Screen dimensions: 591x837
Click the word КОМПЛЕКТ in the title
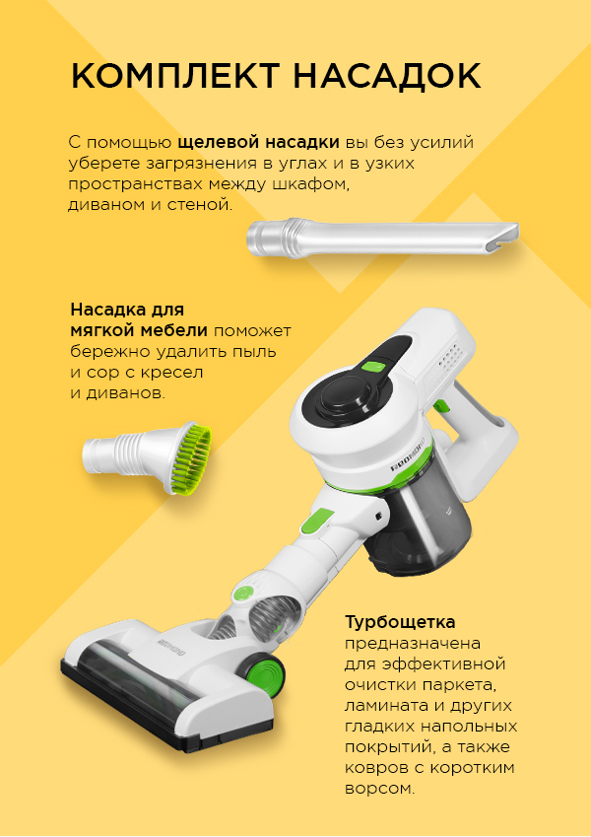click(175, 76)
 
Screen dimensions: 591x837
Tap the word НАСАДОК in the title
click(387, 76)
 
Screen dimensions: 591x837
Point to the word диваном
click(105, 205)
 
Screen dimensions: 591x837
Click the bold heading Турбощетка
click(400, 622)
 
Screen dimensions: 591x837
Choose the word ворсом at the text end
click(379, 789)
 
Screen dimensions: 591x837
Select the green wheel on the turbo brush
click(266, 671)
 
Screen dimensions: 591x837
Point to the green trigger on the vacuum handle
click(440, 407)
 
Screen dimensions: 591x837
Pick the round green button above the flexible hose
click(243, 593)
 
